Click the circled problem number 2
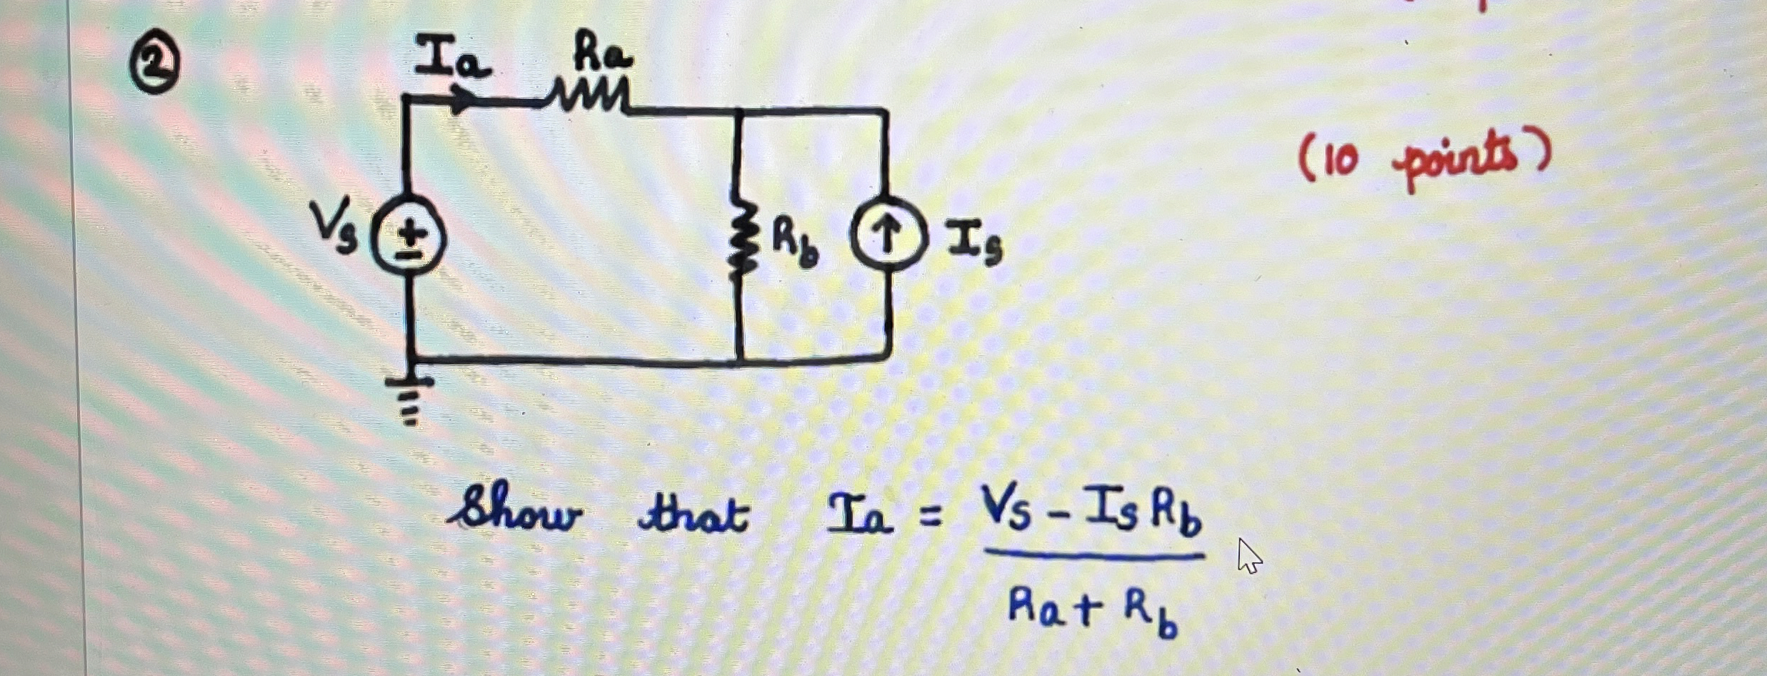(154, 66)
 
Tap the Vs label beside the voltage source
(333, 227)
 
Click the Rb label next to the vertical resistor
(794, 243)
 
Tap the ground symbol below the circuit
(410, 400)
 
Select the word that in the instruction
(693, 513)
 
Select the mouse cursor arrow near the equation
(1248, 556)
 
